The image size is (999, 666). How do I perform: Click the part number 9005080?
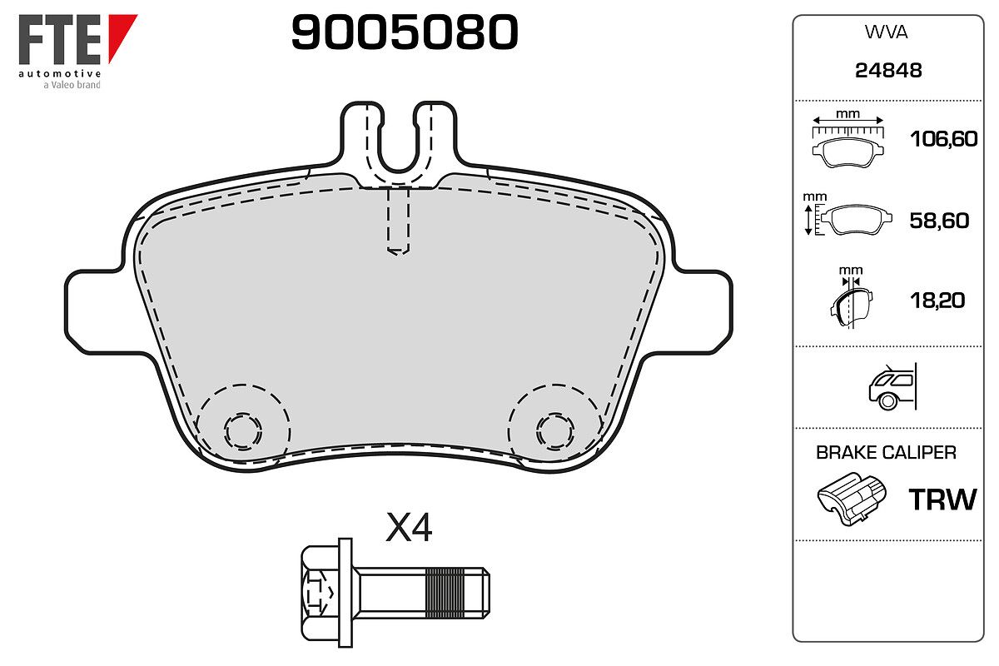405,32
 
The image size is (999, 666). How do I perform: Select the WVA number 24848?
888,71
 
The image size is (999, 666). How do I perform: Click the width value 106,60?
944,139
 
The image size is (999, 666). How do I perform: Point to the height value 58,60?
939,221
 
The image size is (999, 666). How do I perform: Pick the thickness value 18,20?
937,301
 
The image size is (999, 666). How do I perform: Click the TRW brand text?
942,499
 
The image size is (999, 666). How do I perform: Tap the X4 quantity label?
409,527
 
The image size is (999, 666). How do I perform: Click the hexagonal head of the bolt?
320,593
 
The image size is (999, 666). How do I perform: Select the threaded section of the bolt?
445,593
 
